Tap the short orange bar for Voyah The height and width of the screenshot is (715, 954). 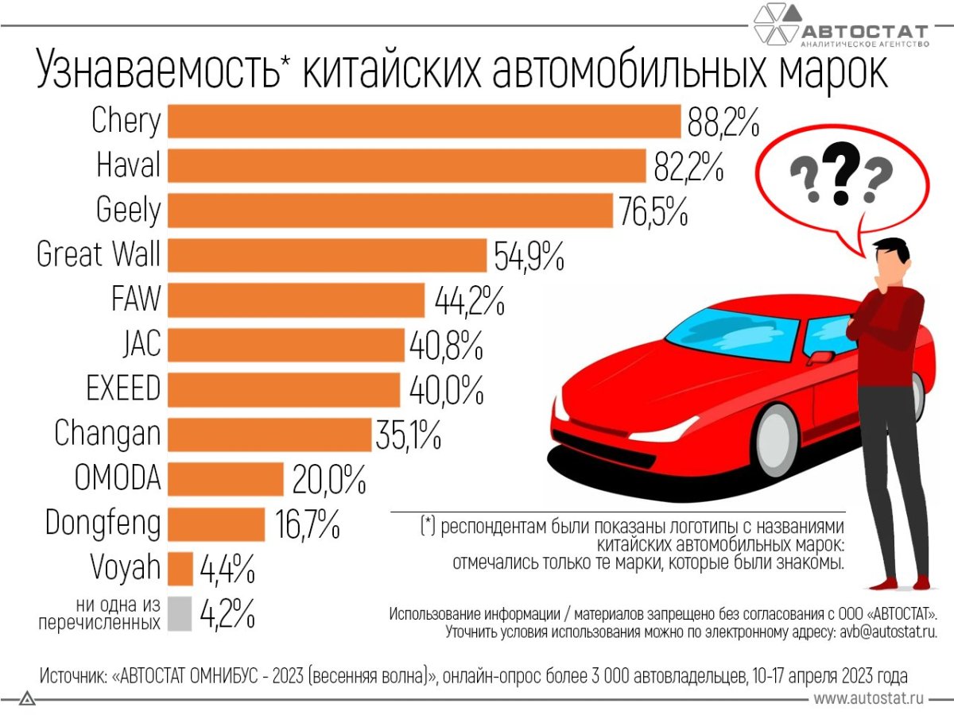coord(180,569)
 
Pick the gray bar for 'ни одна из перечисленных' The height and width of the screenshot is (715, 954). coord(180,613)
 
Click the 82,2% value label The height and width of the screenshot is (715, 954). coord(688,167)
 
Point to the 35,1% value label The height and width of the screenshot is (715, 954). coord(408,435)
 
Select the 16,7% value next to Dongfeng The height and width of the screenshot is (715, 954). coord(306,524)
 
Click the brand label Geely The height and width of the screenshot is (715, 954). coord(128,211)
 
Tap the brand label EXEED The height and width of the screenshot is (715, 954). coord(123,389)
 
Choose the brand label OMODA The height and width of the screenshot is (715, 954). coord(118,479)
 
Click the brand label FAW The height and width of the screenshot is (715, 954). coord(136,300)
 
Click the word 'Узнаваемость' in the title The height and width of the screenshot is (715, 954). coord(159,71)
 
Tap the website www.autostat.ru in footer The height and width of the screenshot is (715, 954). coord(868,698)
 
